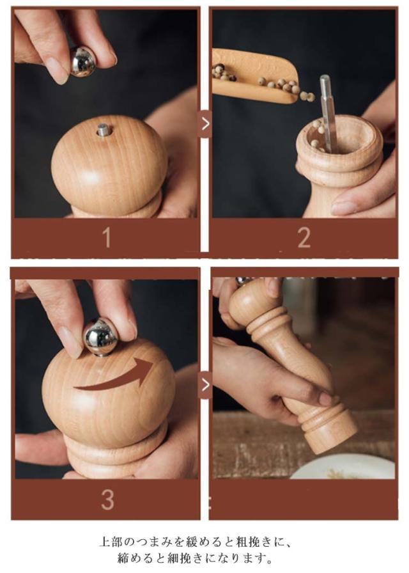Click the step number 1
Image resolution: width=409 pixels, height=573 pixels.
click(107, 238)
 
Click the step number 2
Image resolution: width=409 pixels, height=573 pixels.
click(304, 238)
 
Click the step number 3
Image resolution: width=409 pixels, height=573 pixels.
click(107, 499)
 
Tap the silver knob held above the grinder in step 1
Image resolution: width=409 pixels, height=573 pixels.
click(83, 61)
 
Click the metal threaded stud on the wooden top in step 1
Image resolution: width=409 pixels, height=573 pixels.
click(104, 130)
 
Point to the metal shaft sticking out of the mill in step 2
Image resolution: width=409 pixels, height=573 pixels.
click(326, 113)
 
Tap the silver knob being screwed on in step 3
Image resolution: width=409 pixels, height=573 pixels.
click(100, 337)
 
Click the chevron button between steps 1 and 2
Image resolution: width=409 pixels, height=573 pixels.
click(205, 124)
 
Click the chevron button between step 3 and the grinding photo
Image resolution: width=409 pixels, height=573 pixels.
click(205, 385)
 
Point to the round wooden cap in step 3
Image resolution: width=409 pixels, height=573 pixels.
click(109, 395)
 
